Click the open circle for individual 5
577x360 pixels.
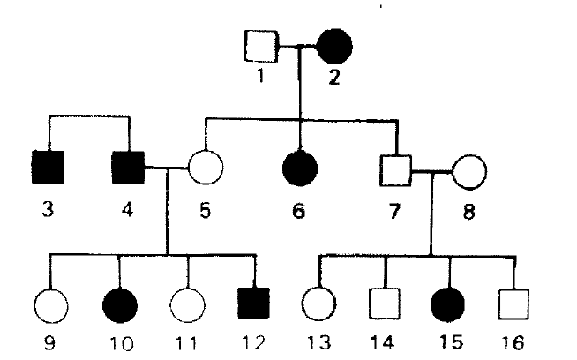[205, 166]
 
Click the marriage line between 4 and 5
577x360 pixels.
[168, 166]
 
